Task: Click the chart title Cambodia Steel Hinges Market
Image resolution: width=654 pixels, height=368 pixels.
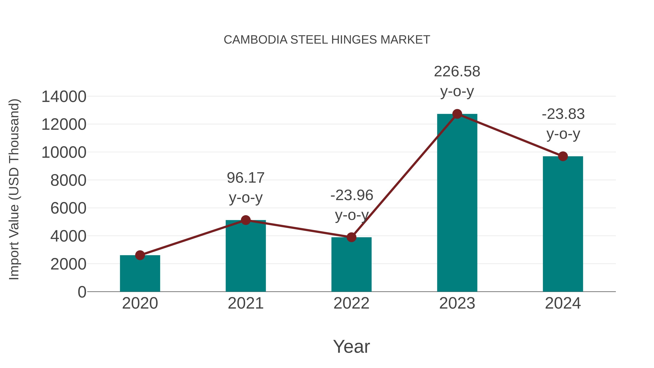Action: [x=327, y=40]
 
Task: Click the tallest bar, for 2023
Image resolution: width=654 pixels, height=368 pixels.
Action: [x=457, y=203]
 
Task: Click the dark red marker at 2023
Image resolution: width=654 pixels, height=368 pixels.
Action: [x=457, y=114]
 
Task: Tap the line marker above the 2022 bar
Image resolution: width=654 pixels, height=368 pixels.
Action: [x=351, y=237]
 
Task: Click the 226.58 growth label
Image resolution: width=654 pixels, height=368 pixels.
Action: [x=457, y=72]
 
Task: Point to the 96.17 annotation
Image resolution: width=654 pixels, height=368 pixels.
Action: [x=245, y=178]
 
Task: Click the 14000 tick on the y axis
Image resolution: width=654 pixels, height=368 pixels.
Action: [x=64, y=97]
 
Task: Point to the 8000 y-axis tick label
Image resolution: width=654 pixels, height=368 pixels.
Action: [x=68, y=181]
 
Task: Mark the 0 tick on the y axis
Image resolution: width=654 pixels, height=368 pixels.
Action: [x=82, y=292]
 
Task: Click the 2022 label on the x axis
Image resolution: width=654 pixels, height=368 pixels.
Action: [x=351, y=303]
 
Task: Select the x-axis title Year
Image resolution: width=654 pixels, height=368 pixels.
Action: [x=351, y=346]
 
